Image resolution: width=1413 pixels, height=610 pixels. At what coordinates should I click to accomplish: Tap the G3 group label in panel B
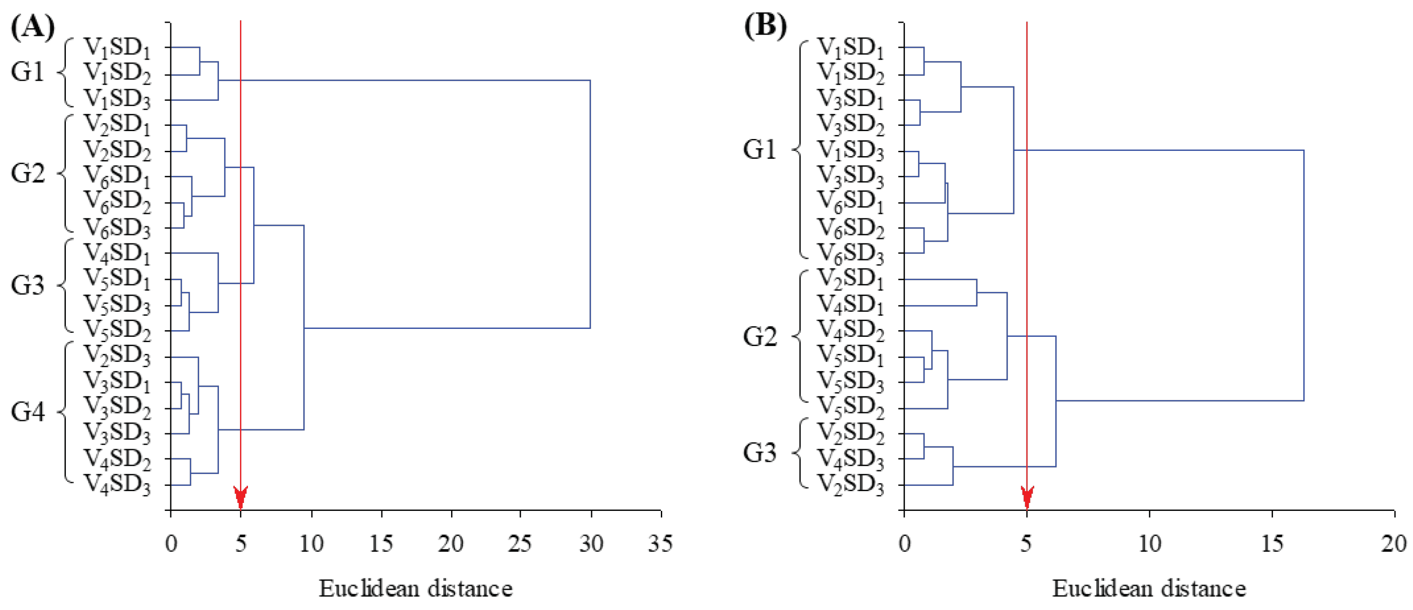pyautogui.click(x=760, y=453)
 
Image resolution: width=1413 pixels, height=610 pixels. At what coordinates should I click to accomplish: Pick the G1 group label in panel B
pyautogui.click(x=760, y=149)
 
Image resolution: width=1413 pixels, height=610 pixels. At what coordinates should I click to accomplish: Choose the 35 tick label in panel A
pyautogui.click(x=660, y=543)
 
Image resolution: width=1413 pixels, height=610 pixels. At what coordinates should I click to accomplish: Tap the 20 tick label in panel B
pyautogui.click(x=1393, y=543)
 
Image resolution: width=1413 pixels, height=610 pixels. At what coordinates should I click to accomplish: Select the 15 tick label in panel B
pyautogui.click(x=1272, y=543)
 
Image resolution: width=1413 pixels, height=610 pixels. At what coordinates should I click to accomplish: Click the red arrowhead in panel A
pyautogui.click(x=240, y=496)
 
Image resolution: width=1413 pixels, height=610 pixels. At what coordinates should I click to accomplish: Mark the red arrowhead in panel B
pyautogui.click(x=1027, y=496)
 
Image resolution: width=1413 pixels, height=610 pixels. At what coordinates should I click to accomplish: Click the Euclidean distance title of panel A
pyautogui.click(x=416, y=589)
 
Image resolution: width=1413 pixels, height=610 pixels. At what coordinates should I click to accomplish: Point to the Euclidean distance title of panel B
pyautogui.click(x=1149, y=589)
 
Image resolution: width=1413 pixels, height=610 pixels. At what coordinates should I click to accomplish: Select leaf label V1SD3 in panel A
pyautogui.click(x=117, y=99)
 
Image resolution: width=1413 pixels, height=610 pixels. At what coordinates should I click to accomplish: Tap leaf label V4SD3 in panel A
pyautogui.click(x=117, y=485)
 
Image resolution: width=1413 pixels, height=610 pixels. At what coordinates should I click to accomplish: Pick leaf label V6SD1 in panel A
pyautogui.click(x=117, y=176)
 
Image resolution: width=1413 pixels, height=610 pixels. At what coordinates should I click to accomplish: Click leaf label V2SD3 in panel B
pyautogui.click(x=851, y=485)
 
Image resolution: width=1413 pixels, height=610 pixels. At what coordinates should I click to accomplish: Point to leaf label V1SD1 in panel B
pyautogui.click(x=851, y=48)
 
